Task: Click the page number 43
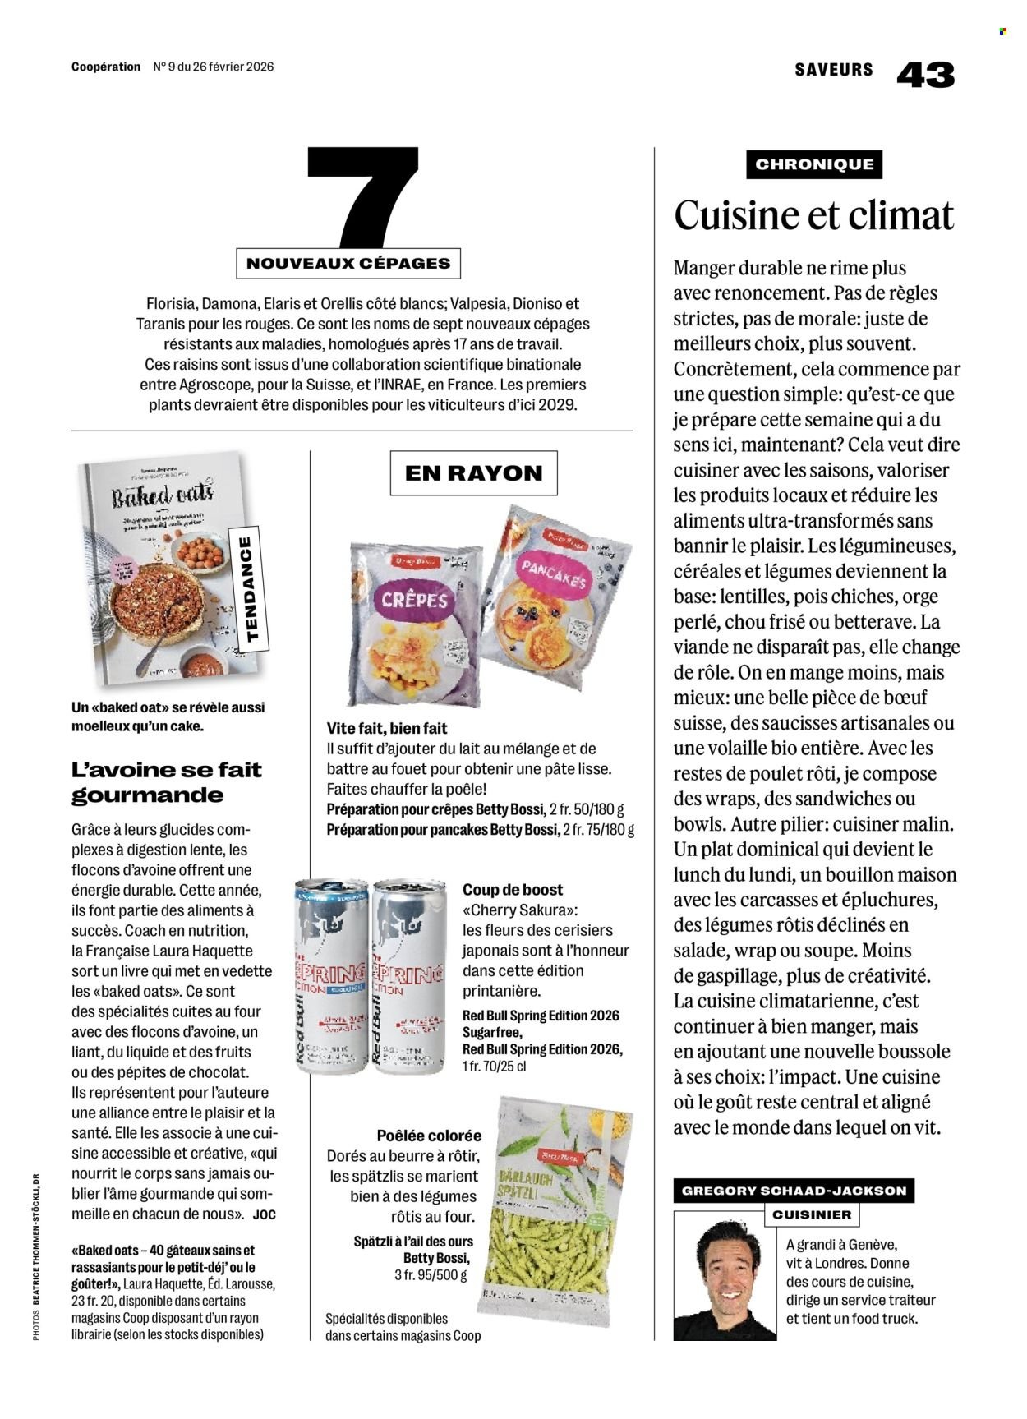pyautogui.click(x=925, y=75)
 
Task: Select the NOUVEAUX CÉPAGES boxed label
pyautogui.click(x=348, y=264)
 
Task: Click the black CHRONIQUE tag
pyautogui.click(x=813, y=164)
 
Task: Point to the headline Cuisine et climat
pyautogui.click(x=813, y=215)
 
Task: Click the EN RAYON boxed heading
pyautogui.click(x=473, y=473)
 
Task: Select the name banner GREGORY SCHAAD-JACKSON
pyautogui.click(x=794, y=1191)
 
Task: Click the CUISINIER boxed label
pyautogui.click(x=812, y=1214)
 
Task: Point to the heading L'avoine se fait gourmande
pyautogui.click(x=167, y=782)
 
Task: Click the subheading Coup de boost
pyautogui.click(x=513, y=889)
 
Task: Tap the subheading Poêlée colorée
pyautogui.click(x=429, y=1136)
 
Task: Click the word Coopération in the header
pyautogui.click(x=106, y=67)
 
